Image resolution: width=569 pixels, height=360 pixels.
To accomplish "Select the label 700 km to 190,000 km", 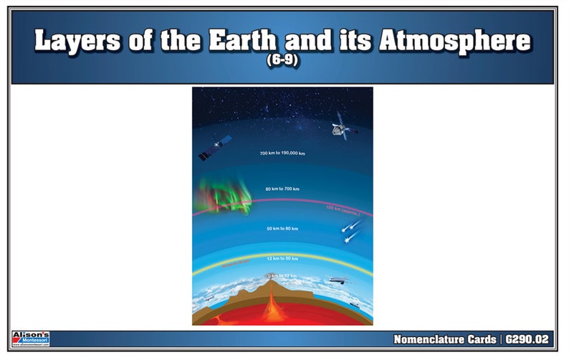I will click(x=282, y=153).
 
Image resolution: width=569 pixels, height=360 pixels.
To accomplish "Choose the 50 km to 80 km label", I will click(x=282, y=228).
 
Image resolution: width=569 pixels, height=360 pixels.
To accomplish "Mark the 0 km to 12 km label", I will click(x=282, y=275).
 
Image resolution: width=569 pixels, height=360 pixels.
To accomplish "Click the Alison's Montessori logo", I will click(x=30, y=338).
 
